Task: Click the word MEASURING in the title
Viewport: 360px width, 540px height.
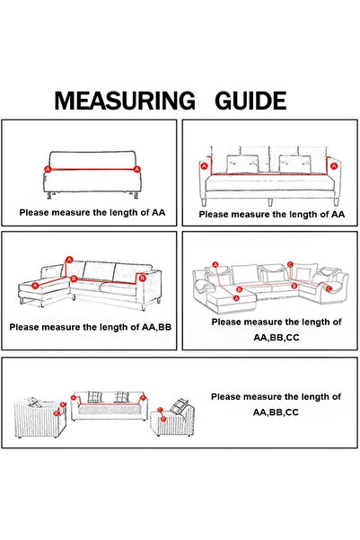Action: click(125, 101)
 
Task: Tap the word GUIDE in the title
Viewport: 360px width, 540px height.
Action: click(250, 101)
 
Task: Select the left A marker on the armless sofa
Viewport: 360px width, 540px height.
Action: click(48, 169)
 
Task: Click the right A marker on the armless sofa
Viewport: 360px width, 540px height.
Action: click(137, 169)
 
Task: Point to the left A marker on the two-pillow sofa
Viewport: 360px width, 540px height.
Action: click(205, 166)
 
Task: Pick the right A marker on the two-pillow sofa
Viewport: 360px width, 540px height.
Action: click(333, 166)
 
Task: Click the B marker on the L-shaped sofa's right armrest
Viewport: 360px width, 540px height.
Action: click(143, 278)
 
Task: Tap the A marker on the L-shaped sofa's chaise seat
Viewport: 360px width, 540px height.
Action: click(35, 286)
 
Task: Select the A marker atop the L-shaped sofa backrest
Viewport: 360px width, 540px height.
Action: click(69, 260)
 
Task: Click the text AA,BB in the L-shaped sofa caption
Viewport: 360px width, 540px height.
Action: click(156, 327)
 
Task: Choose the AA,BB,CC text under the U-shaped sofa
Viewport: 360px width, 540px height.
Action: click(277, 338)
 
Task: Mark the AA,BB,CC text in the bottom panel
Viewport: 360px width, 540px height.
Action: click(276, 412)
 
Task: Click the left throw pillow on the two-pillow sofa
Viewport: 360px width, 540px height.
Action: click(242, 164)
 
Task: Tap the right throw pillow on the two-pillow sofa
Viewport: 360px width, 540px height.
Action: click(295, 164)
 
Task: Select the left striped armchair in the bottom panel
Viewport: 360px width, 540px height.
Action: click(40, 418)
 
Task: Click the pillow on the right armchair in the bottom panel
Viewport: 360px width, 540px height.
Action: click(180, 406)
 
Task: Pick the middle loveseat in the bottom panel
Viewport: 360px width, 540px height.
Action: click(109, 406)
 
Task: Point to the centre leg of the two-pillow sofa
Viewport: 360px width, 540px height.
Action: click(270, 202)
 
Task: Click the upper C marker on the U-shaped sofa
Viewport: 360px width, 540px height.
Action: click(290, 264)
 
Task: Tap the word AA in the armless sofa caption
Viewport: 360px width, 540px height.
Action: click(158, 212)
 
